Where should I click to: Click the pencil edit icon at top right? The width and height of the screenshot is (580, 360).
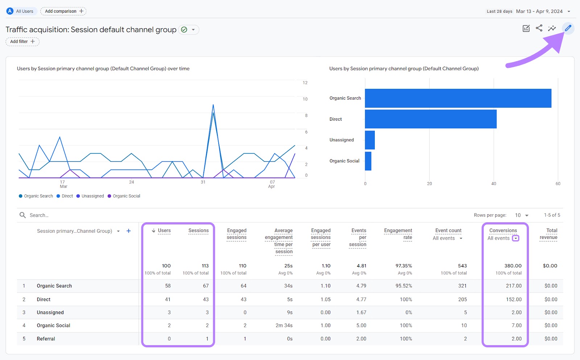pos(568,28)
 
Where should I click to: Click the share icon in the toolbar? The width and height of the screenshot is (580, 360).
pos(539,28)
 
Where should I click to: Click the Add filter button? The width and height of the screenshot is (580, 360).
pos(22,42)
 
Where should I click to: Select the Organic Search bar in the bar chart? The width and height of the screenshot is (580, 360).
pos(458,98)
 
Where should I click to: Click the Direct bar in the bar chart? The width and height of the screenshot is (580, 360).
pos(431,119)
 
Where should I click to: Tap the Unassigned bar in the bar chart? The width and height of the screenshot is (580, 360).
pos(370,140)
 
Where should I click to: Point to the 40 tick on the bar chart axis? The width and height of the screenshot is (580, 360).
pos(494,184)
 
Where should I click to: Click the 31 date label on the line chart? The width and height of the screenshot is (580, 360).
pos(203,182)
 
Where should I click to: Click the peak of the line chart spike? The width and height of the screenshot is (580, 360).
pos(213,105)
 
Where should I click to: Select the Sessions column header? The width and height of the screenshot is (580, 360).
pos(198,231)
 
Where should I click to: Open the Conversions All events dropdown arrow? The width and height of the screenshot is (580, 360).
pos(515,238)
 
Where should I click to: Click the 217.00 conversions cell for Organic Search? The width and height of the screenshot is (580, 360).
pos(514,286)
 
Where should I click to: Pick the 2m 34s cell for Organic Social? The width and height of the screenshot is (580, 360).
pos(284,326)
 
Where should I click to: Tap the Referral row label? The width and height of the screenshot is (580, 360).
pos(46,339)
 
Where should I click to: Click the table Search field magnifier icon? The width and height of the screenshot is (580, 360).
pos(22,215)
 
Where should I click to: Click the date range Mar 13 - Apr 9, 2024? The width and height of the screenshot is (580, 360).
pos(539,11)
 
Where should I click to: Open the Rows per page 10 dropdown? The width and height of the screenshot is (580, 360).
pos(522,215)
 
